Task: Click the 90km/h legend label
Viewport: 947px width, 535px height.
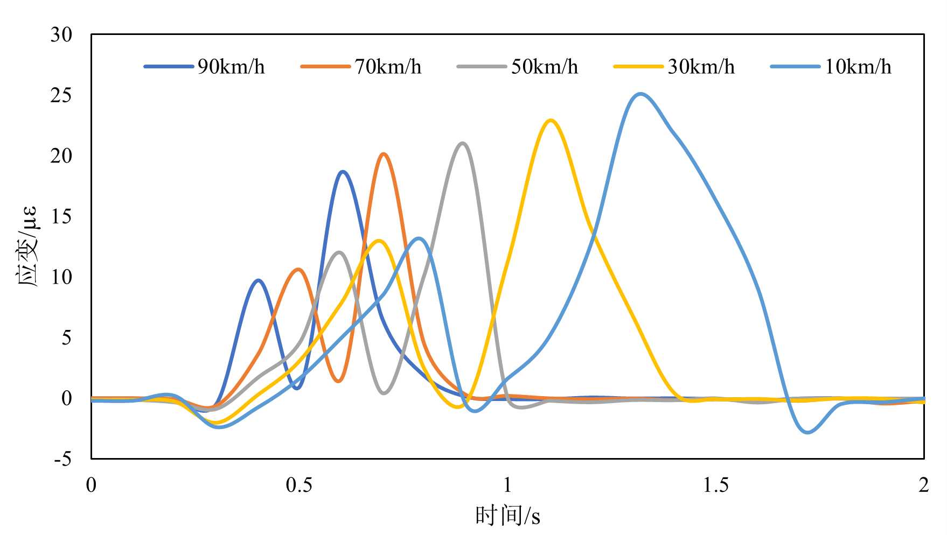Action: tap(231, 67)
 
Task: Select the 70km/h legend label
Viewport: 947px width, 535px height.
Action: tap(388, 67)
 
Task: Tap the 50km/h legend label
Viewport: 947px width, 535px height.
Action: tap(545, 67)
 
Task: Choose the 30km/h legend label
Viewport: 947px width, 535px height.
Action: tap(701, 67)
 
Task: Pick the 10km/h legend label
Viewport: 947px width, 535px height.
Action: tap(858, 67)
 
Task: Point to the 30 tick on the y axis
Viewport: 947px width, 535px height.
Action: tap(61, 35)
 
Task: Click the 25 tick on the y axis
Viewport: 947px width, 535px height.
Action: tap(61, 96)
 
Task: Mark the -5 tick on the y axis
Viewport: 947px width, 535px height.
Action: tap(62, 459)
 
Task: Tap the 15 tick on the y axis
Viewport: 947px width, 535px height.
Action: tap(61, 217)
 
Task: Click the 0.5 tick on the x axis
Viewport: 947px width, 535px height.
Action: tap(299, 485)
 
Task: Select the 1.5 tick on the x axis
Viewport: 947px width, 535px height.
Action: tap(716, 485)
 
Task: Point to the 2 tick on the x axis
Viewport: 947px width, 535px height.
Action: tap(924, 485)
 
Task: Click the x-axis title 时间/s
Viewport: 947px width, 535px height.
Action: tap(507, 516)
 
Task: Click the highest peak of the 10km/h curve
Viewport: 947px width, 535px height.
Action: tap(640, 94)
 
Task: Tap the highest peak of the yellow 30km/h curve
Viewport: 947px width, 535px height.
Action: tap(551, 120)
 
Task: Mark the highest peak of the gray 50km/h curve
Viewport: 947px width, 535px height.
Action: tap(462, 143)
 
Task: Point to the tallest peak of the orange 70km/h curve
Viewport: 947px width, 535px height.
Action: tap(383, 154)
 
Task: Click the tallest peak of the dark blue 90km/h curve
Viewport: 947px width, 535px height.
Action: tap(343, 172)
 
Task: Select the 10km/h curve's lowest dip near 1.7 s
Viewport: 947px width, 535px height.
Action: tap(807, 432)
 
